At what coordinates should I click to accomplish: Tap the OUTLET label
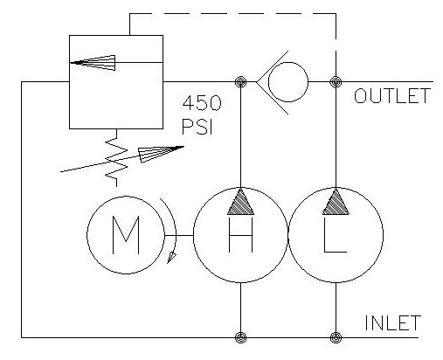coord(391,96)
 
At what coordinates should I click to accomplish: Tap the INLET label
coord(393,322)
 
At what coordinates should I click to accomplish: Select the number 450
coord(202,103)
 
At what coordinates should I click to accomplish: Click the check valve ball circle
coord(288,84)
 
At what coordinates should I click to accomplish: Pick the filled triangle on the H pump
coord(239,204)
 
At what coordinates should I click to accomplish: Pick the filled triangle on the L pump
coord(336,204)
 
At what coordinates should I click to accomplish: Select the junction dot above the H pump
coord(239,84)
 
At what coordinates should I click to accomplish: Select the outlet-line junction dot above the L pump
coord(336,84)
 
